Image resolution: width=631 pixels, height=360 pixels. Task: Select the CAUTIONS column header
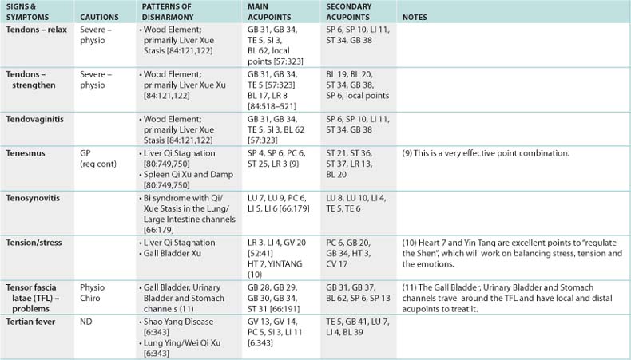pyautogui.click(x=100, y=17)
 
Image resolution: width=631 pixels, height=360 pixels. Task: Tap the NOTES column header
pyautogui.click(x=416, y=17)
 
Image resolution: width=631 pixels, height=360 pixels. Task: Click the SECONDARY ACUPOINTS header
pyautogui.click(x=350, y=11)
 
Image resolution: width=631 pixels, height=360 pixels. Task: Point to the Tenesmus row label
pyautogui.click(x=26, y=152)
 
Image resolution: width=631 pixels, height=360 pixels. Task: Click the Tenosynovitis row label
pyautogui.click(x=34, y=196)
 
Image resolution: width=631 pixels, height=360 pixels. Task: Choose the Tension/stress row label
pyautogui.click(x=34, y=242)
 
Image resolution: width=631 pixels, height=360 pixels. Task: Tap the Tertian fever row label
pyautogui.click(x=31, y=319)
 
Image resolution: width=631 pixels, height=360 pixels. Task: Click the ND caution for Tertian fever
pyautogui.click(x=87, y=319)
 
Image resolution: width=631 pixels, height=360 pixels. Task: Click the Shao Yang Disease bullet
pyautogui.click(x=181, y=319)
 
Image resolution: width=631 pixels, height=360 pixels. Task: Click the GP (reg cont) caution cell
pyautogui.click(x=96, y=157)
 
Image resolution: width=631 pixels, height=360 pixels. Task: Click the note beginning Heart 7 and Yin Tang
pyautogui.click(x=511, y=252)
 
